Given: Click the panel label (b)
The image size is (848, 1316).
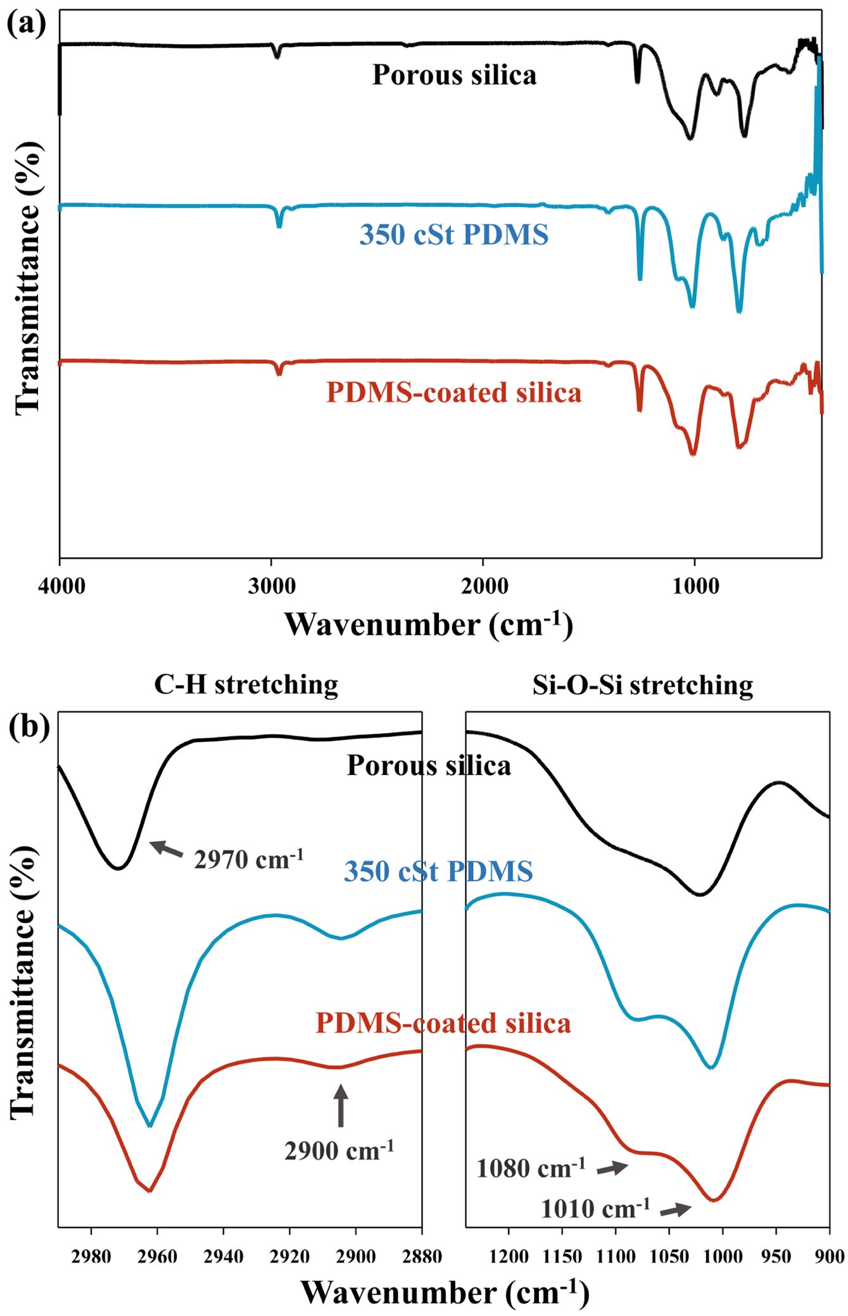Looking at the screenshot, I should pos(29,727).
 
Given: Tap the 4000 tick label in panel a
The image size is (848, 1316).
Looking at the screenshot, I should pos(61,586).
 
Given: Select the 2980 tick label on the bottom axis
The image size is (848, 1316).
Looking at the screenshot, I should pos(91,1256).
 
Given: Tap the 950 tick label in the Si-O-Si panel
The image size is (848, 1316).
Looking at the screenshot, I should pos(776,1256).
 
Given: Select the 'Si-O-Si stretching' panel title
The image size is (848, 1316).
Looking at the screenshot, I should pos(643,685).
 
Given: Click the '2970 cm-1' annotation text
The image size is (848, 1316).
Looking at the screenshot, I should pos(249,859).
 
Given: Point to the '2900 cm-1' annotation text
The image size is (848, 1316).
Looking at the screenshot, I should pos(339,1150).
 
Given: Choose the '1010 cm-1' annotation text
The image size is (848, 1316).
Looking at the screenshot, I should pos(595,1208).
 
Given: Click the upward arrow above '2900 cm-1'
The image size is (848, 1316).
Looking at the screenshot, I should pos(341,1105).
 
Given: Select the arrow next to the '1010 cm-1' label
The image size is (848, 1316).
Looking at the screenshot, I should pos(675,1210).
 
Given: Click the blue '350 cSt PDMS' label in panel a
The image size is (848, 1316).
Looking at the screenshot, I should pos(454,235).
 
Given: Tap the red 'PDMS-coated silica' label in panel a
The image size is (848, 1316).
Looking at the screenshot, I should pos(453,392).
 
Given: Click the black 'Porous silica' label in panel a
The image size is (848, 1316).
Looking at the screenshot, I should pos(454,75).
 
